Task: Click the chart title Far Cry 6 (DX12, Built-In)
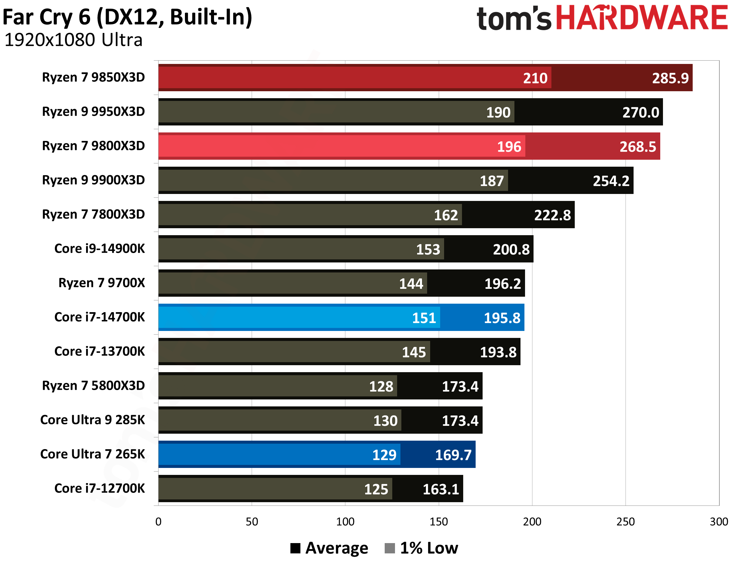[x=127, y=18]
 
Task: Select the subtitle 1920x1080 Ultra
[x=73, y=40]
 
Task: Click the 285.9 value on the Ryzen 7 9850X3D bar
[x=670, y=78]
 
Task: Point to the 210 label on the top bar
[x=535, y=78]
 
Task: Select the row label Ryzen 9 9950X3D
[x=93, y=112]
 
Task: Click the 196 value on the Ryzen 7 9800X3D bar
[x=509, y=147]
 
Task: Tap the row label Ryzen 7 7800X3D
[x=93, y=214]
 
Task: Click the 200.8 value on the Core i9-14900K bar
[x=511, y=249]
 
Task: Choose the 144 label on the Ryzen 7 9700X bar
[x=411, y=284]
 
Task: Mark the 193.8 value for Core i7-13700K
[x=498, y=352]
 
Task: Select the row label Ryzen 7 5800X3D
[x=93, y=385]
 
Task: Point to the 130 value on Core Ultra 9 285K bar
[x=385, y=421]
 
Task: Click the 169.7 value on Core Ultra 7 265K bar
[x=453, y=455]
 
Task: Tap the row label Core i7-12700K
[x=99, y=488]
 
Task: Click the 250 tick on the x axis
[x=625, y=521]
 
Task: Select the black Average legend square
[x=295, y=548]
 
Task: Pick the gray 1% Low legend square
[x=389, y=548]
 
